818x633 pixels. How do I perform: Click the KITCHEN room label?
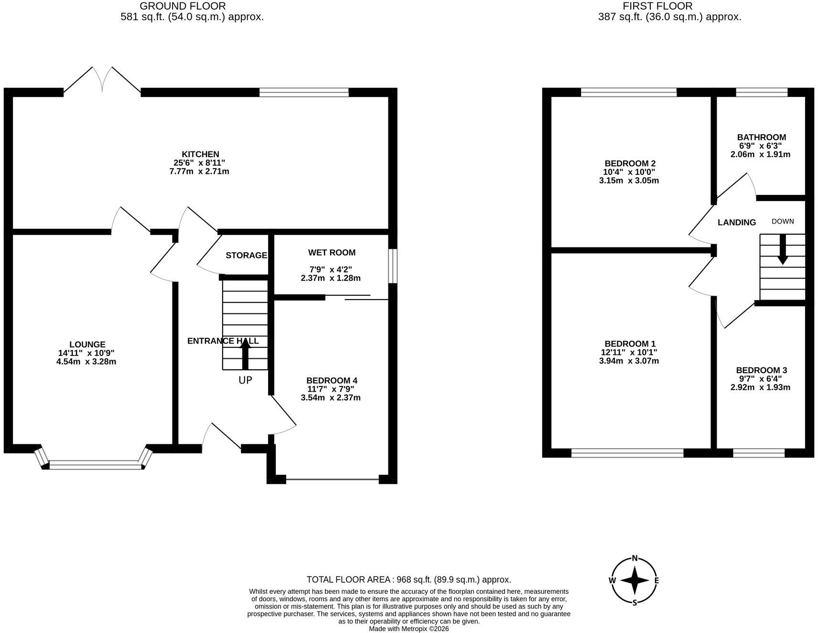[x=200, y=154]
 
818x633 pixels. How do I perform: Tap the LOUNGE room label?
[x=87, y=344]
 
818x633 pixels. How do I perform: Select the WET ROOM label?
[x=332, y=253]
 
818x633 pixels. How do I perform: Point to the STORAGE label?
[x=246, y=256]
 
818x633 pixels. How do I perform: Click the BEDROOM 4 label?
[x=332, y=381]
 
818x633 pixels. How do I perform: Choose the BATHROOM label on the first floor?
[x=761, y=138]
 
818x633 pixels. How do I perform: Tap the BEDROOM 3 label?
[x=761, y=370]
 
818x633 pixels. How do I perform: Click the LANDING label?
[x=737, y=222]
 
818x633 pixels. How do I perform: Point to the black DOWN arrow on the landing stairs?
[x=782, y=249]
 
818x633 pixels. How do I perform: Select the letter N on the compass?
[x=635, y=558]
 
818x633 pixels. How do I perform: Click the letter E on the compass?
[x=657, y=581]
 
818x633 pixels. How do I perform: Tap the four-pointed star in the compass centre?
[x=634, y=580]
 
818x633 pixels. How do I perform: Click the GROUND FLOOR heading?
[x=183, y=6]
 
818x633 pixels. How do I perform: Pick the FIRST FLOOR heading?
[x=657, y=6]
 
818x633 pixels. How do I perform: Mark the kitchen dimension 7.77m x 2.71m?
[x=199, y=172]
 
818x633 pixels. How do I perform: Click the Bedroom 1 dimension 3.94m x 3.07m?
[x=629, y=361]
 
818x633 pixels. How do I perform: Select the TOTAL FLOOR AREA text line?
[x=409, y=579]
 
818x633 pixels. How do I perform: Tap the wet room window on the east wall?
[x=392, y=266]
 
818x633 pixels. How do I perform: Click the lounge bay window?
[x=94, y=459]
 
